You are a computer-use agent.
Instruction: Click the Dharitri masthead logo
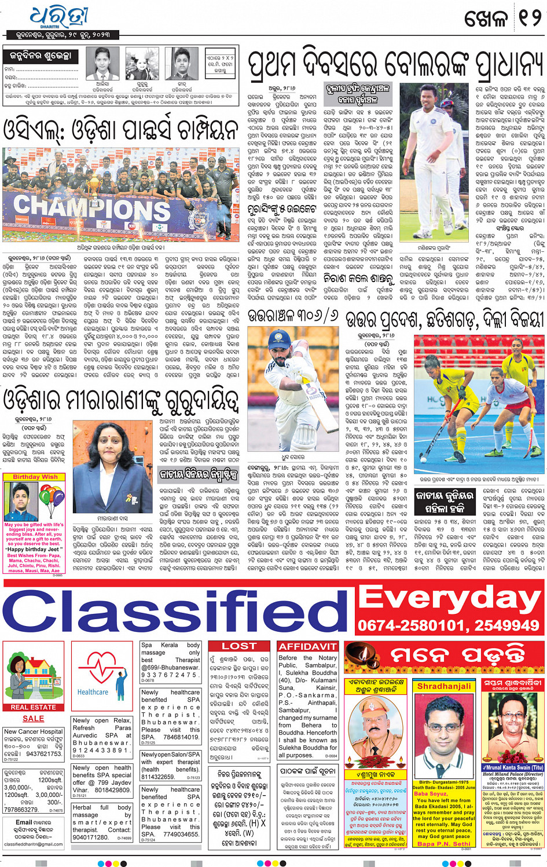pyautogui.click(x=57, y=17)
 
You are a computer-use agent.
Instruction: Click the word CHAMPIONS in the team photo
pyautogui.click(x=84, y=207)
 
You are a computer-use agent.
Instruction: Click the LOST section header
pyautogui.click(x=238, y=646)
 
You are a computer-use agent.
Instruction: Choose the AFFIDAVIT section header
pyautogui.click(x=307, y=646)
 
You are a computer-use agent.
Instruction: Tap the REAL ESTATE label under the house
pyautogui.click(x=33, y=707)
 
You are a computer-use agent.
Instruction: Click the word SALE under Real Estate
pyautogui.click(x=33, y=718)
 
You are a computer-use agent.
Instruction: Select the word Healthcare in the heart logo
pyautogui.click(x=93, y=692)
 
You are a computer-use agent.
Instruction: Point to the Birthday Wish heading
pyautogui.click(x=35, y=477)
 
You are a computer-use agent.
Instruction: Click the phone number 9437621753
pyautogui.click(x=44, y=754)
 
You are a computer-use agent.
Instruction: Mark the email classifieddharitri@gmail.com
pyautogui.click(x=33, y=844)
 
